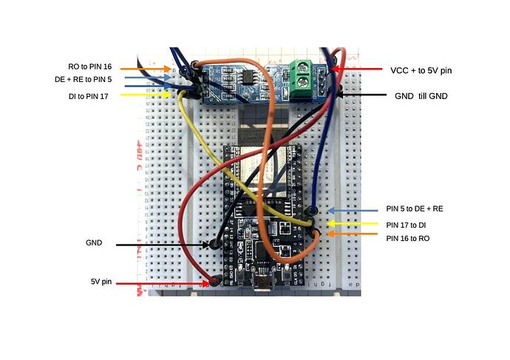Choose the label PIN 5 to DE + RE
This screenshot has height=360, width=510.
pyautogui.click(x=415, y=209)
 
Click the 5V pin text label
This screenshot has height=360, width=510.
pyautogui.click(x=101, y=282)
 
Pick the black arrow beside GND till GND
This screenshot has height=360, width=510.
pyautogui.click(x=366, y=95)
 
